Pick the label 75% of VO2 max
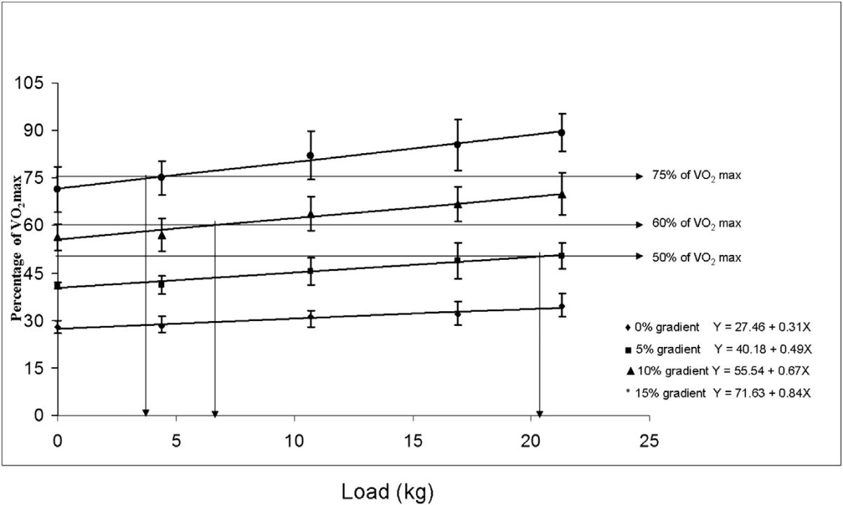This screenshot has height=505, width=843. point(697,176)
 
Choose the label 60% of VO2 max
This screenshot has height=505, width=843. point(697,223)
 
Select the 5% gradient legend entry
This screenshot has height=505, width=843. point(661,349)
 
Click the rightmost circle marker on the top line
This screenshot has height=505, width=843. point(562,132)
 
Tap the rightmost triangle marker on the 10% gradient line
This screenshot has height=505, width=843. point(562,195)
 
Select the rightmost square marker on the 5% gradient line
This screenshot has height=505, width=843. point(561,256)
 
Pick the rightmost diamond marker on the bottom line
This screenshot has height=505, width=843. point(562,307)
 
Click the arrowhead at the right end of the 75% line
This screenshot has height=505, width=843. point(639,176)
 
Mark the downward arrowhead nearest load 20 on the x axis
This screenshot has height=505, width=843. point(539,413)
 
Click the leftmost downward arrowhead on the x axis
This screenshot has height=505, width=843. point(145,413)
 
